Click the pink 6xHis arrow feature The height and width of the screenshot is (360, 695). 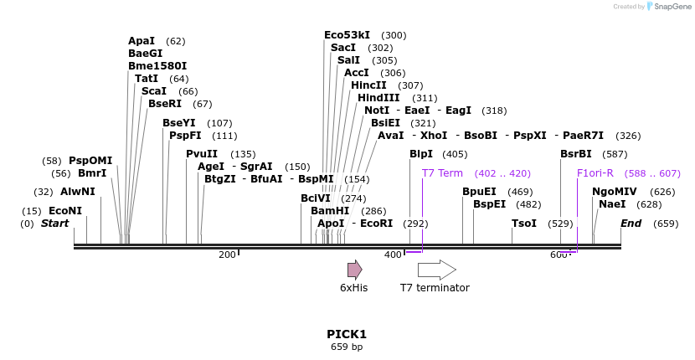point(355,269)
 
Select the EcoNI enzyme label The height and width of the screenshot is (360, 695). point(65,211)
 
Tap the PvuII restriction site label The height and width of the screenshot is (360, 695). point(202,153)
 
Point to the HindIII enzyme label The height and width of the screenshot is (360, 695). point(378,98)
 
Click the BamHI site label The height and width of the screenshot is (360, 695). point(330,211)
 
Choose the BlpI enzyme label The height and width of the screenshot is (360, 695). point(421,154)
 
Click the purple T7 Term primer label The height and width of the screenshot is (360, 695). point(442,173)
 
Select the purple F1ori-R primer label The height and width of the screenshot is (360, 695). point(595,173)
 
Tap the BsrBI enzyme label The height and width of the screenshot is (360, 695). point(576,154)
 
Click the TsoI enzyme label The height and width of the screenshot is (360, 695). point(524,224)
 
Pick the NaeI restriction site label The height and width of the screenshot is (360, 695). point(612,204)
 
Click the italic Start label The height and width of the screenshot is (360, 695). point(55,224)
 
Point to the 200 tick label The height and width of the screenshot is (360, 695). point(227,255)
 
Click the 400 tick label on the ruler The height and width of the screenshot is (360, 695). point(393,255)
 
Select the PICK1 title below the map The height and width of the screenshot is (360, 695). point(347,334)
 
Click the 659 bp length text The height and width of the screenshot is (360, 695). point(347,347)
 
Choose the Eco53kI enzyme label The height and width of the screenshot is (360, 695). point(347,35)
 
